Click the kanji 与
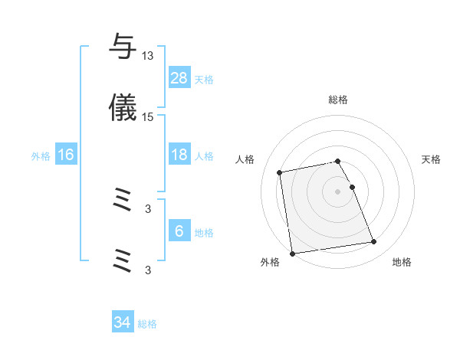(123, 47)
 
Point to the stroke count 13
(148, 55)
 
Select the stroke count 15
(148, 116)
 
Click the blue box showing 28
(179, 78)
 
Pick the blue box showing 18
(179, 155)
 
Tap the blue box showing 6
(179, 231)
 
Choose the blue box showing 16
(66, 155)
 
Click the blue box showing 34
(123, 322)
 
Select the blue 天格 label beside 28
(204, 79)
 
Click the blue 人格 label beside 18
(204, 156)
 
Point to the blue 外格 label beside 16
(41, 156)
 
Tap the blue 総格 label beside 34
(147, 324)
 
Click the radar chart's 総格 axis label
(338, 100)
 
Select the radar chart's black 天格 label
(432, 159)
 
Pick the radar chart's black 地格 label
(402, 263)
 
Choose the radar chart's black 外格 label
(270, 263)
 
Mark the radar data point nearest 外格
(292, 253)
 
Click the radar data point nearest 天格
(352, 187)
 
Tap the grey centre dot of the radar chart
(338, 191)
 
